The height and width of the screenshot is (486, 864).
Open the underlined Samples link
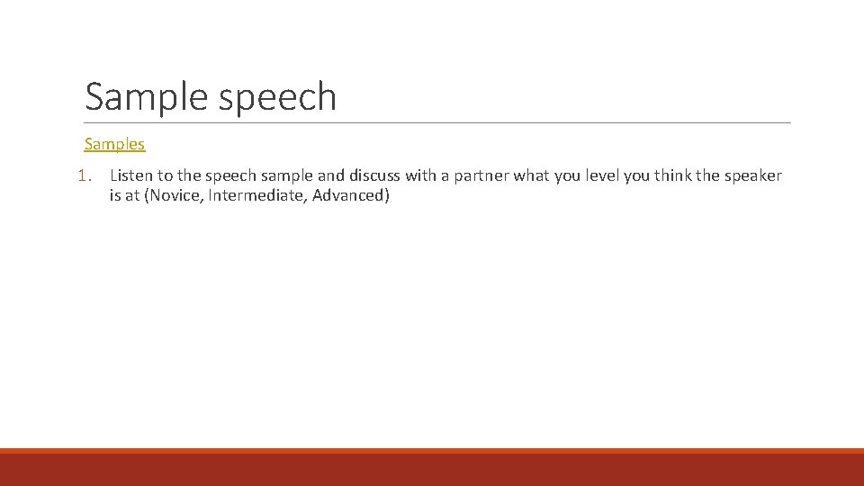tap(114, 144)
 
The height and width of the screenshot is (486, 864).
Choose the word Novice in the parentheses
tap(173, 196)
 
